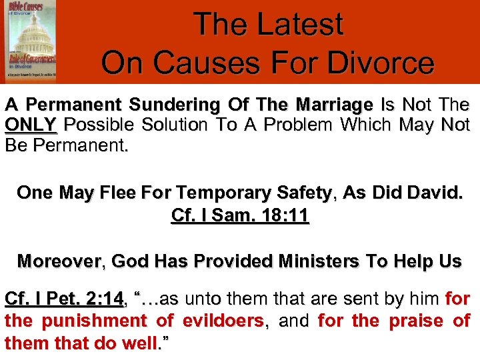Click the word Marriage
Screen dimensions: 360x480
click(333, 105)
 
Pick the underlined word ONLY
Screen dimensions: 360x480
click(31, 125)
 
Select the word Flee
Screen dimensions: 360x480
click(121, 193)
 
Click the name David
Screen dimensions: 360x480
click(433, 193)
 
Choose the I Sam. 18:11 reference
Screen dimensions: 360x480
click(240, 217)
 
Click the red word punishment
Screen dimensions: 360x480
click(98, 321)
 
